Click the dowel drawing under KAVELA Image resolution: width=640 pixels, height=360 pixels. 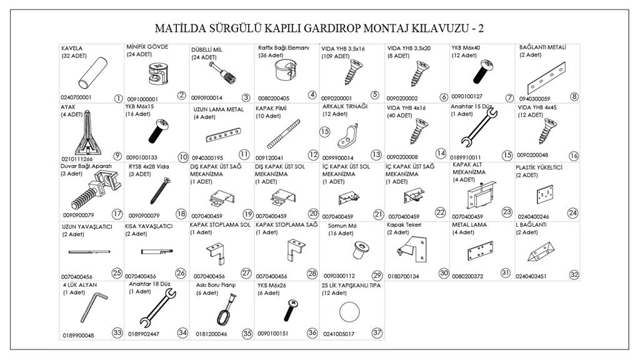pyautogui.click(x=92, y=74)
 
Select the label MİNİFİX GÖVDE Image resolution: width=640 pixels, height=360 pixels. pyautogui.click(x=147, y=47)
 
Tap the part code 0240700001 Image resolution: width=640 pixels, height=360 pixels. pyautogui.click(x=76, y=97)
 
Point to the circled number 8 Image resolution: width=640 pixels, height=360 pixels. pyautogui.click(x=574, y=96)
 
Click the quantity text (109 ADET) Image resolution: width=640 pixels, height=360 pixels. pyautogui.click(x=336, y=56)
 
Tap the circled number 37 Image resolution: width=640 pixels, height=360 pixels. pyautogui.click(x=376, y=332)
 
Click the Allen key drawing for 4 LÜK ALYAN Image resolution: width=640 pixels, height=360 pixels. pyautogui.click(x=89, y=311)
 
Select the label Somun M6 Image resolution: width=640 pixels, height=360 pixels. pyautogui.click(x=341, y=225)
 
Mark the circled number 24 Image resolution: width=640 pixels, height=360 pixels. pyautogui.click(x=573, y=213)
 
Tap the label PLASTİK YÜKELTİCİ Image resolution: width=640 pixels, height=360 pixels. pyautogui.click(x=539, y=167)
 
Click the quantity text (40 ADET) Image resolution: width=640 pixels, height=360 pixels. pyautogui.click(x=400, y=115)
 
